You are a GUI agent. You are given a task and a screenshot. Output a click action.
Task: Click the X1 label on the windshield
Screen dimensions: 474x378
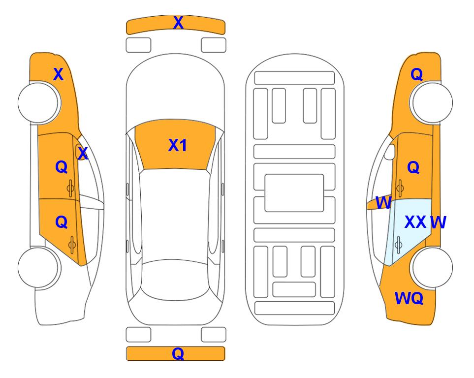[x=178, y=145]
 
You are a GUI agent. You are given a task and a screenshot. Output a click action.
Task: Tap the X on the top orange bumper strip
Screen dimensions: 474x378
[x=178, y=23]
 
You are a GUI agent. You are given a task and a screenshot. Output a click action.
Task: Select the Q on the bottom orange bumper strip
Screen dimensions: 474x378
[x=178, y=353]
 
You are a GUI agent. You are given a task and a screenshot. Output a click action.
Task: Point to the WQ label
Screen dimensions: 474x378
[x=409, y=298]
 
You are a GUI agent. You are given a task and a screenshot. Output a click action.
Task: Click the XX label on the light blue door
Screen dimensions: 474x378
[x=415, y=222]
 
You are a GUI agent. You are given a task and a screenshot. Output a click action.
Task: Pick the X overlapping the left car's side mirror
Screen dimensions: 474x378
[x=83, y=154]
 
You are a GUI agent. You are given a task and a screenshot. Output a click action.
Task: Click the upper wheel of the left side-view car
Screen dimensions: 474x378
[x=38, y=103]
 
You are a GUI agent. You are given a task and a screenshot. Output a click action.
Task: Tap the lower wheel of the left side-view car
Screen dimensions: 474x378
[x=38, y=267]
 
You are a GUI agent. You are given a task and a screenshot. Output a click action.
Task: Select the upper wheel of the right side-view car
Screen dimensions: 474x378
[x=432, y=103]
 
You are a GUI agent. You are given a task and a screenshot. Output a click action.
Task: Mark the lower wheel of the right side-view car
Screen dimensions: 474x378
[x=432, y=267]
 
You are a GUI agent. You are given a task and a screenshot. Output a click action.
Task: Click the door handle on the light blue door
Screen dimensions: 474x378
[x=398, y=245]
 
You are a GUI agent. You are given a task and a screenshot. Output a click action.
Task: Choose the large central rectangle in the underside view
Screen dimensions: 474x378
[x=294, y=193]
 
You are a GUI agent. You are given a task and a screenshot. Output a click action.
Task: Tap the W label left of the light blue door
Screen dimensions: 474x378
[x=383, y=203]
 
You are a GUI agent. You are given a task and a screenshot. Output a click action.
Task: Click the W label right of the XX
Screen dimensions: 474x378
[x=438, y=222]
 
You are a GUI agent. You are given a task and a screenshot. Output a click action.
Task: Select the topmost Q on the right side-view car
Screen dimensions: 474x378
[x=416, y=74]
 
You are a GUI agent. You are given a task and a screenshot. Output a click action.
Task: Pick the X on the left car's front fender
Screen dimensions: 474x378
[x=59, y=74]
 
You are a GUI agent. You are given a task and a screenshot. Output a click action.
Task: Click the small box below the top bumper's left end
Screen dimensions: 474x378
[x=138, y=45]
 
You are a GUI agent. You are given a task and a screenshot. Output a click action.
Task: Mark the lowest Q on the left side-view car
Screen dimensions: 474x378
[x=62, y=222]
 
